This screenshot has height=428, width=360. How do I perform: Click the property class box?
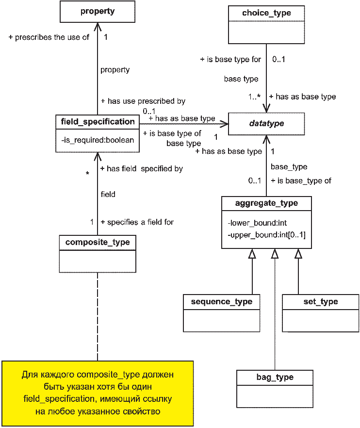98,12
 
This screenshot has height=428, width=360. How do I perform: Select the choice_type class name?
266,13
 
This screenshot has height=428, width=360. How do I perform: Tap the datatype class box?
266,124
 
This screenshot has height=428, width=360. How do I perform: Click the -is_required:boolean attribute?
98,140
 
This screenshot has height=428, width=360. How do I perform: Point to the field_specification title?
98,121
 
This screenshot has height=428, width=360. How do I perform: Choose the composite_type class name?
98,242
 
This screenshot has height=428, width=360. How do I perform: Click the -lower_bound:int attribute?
257,223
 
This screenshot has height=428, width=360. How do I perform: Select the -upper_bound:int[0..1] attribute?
267,235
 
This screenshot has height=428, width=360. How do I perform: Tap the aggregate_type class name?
266,203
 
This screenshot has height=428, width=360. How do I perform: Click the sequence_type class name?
222,302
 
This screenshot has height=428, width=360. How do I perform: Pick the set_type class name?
321,302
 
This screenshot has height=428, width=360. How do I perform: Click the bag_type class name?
275,377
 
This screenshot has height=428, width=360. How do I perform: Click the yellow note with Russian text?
98,394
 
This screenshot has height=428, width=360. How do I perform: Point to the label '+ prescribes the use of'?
49,37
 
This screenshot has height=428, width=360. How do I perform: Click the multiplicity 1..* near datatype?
254,97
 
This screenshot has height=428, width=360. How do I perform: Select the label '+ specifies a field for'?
137,222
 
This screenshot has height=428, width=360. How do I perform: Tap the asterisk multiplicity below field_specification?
87,174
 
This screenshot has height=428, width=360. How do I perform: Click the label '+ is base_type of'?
301,181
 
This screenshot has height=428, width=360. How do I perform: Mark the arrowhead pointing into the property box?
98,27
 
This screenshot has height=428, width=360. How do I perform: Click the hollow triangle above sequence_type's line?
252,254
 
